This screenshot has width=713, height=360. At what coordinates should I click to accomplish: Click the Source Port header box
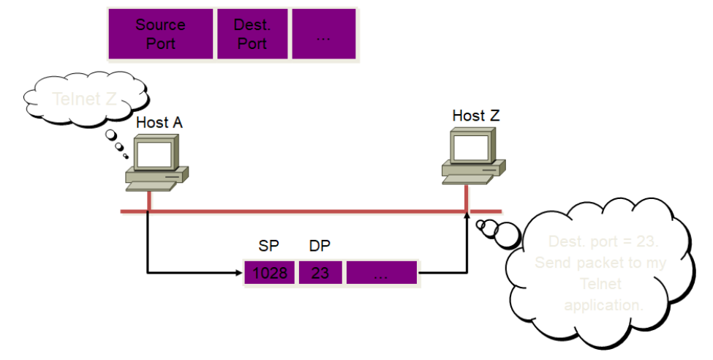pos(161,34)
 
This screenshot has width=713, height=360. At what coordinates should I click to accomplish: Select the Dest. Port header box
pos(252,34)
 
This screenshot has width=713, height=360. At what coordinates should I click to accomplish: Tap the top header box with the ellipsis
pos(324,34)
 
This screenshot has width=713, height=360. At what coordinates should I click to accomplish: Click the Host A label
pos(159,123)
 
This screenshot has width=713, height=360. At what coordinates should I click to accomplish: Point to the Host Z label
pos(476,116)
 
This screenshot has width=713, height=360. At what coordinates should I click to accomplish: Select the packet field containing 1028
pos(271,273)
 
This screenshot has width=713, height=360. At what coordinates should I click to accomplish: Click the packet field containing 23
pos(320,273)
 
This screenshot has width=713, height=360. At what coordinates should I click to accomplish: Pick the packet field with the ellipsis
pos(381,273)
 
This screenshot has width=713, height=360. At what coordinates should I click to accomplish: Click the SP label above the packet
pos(268,247)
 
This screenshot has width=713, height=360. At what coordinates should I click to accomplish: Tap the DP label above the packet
pos(320,247)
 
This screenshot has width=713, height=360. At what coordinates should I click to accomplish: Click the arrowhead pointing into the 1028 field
pos(239,274)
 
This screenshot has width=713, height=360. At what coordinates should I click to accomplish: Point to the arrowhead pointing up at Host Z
pos(466,213)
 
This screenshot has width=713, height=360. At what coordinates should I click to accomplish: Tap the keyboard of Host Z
pos(466,178)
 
